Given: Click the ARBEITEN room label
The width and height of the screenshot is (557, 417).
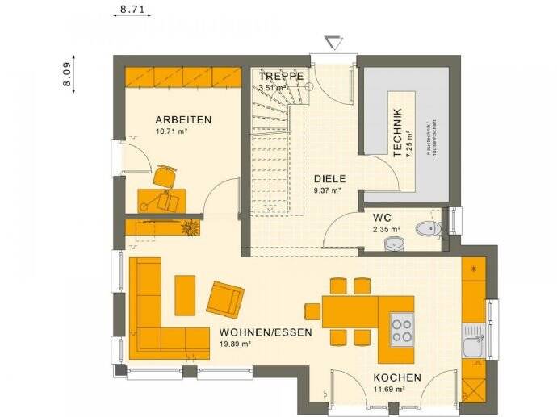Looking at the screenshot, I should pyautogui.click(x=183, y=119).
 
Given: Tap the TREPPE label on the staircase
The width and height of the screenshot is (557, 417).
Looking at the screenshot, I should pyautogui.click(x=281, y=77).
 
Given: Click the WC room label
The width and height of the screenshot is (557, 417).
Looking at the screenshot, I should pyautogui.click(x=382, y=218).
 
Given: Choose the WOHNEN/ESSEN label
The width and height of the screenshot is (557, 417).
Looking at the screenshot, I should pyautogui.click(x=255, y=332).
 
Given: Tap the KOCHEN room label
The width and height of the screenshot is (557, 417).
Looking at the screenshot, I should pyautogui.click(x=396, y=377).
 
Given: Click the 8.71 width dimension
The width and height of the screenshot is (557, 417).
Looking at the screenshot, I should pyautogui.click(x=132, y=10).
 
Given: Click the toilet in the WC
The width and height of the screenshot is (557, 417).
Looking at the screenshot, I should pyautogui.click(x=425, y=230).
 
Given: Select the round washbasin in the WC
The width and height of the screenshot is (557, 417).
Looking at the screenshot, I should pyautogui.click(x=395, y=243).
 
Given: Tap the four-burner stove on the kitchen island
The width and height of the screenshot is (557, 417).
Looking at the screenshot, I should pyautogui.click(x=401, y=327).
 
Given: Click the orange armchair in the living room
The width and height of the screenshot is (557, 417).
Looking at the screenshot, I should pyautogui.click(x=225, y=298).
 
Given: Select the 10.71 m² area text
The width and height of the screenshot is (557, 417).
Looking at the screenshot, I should pyautogui.click(x=171, y=131).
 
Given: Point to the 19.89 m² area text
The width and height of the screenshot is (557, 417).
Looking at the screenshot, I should pyautogui.click(x=235, y=344).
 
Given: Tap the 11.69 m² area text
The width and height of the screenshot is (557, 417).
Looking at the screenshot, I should pyautogui.click(x=388, y=389).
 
